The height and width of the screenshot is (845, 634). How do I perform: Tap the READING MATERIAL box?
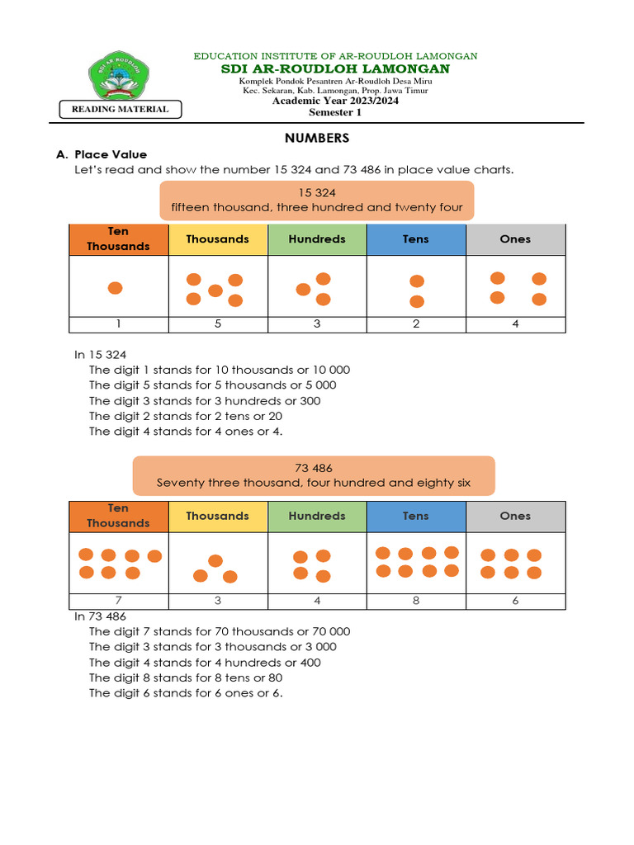121,109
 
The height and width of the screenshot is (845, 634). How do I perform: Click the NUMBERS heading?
317,138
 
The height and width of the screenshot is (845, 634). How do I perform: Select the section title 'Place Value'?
110,154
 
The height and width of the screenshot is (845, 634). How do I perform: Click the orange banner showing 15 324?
317,201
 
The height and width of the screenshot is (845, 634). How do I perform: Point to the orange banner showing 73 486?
314,475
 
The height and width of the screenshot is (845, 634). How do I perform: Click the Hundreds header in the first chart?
317,239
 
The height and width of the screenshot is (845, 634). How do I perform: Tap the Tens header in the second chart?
416,516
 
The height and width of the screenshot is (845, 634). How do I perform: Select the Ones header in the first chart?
515,239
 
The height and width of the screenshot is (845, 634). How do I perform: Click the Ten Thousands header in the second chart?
119,516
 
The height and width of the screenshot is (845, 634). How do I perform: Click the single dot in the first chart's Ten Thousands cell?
116,288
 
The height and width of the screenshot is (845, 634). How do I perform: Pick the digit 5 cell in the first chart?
218,324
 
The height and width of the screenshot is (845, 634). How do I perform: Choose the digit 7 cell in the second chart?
119,601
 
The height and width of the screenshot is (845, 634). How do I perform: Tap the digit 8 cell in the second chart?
416,601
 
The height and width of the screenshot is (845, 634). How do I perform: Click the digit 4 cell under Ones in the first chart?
515,324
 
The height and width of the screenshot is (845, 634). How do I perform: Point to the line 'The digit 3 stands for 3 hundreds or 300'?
205,401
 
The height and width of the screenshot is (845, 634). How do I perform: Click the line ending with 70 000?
220,631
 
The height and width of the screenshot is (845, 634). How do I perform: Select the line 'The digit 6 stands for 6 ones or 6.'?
186,693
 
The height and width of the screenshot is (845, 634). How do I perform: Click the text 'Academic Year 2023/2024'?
335,101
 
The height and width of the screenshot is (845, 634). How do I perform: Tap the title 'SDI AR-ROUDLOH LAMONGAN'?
335,68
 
